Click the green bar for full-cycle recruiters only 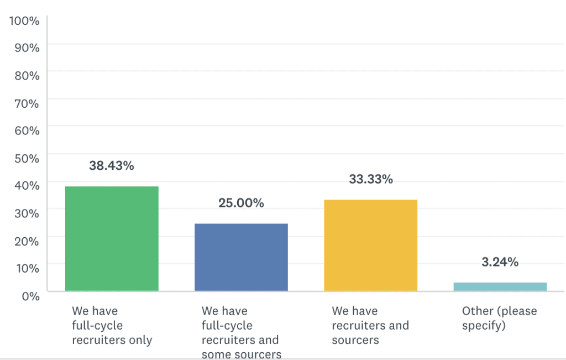pyautogui.click(x=112, y=238)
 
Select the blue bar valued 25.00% pyautogui.click(x=241, y=257)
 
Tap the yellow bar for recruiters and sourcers pyautogui.click(x=370, y=245)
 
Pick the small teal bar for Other pyautogui.click(x=500, y=286)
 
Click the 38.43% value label pyautogui.click(x=112, y=165)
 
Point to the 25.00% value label pyautogui.click(x=241, y=203)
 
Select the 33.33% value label pyautogui.click(x=370, y=179)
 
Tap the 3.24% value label pyautogui.click(x=500, y=262)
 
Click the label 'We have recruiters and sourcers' pyautogui.click(x=370, y=325)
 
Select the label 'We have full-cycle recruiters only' pyautogui.click(x=112, y=325)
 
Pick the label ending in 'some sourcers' pyautogui.click(x=241, y=332)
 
